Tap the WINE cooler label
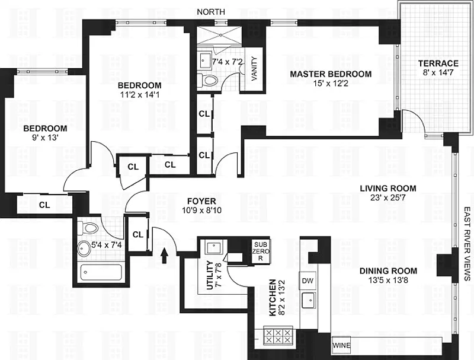342,345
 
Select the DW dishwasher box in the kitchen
308,281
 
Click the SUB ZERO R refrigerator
261,251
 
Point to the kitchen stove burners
278,336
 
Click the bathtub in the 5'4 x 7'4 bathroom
101,272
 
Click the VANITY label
255,68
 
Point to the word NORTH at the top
211,12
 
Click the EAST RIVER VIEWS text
467,244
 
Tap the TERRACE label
438,63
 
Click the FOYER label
201,201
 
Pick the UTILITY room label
210,275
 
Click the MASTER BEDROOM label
331,74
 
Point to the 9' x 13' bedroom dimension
45,138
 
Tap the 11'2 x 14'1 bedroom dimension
140,95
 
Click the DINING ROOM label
388,271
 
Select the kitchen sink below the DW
309,300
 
